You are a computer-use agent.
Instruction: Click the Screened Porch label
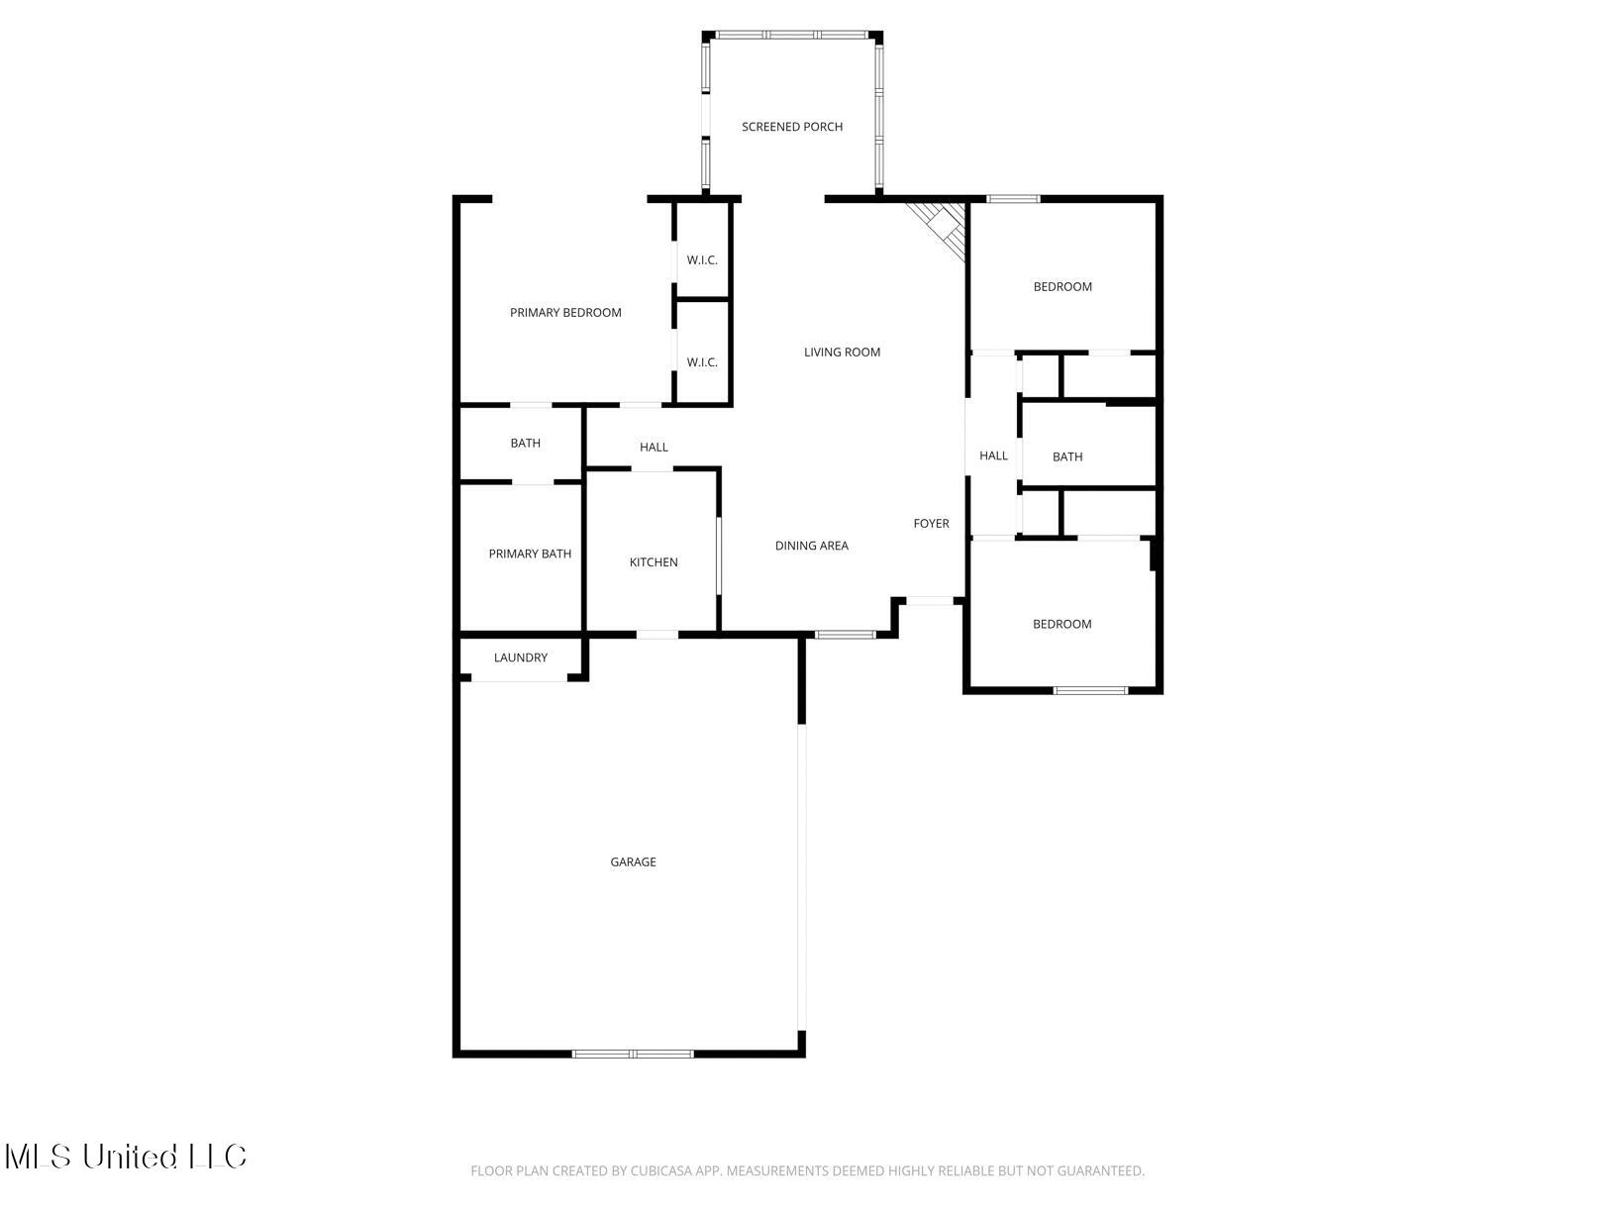[x=792, y=127]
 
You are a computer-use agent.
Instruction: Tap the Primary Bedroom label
[x=565, y=313]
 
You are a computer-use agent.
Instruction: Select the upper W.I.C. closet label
[x=702, y=260]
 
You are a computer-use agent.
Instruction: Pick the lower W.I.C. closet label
[x=702, y=362]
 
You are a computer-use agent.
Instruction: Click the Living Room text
[x=842, y=353]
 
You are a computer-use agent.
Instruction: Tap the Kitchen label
[x=654, y=562]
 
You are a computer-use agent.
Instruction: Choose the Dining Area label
[x=811, y=546]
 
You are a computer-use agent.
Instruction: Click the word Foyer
[x=931, y=524]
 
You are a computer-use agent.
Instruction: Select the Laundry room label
[x=521, y=657]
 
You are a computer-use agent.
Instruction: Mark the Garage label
[x=633, y=862]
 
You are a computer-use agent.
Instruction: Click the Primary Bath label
[x=530, y=555]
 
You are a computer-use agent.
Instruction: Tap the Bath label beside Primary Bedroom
[x=526, y=444]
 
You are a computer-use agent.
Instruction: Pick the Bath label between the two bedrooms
[x=1067, y=457]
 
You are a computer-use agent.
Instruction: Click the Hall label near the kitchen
[x=654, y=448]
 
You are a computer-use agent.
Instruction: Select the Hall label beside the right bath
[x=993, y=456]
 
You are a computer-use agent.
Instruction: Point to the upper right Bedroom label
[x=1062, y=287]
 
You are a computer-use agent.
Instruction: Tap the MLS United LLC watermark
[x=126, y=1157]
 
